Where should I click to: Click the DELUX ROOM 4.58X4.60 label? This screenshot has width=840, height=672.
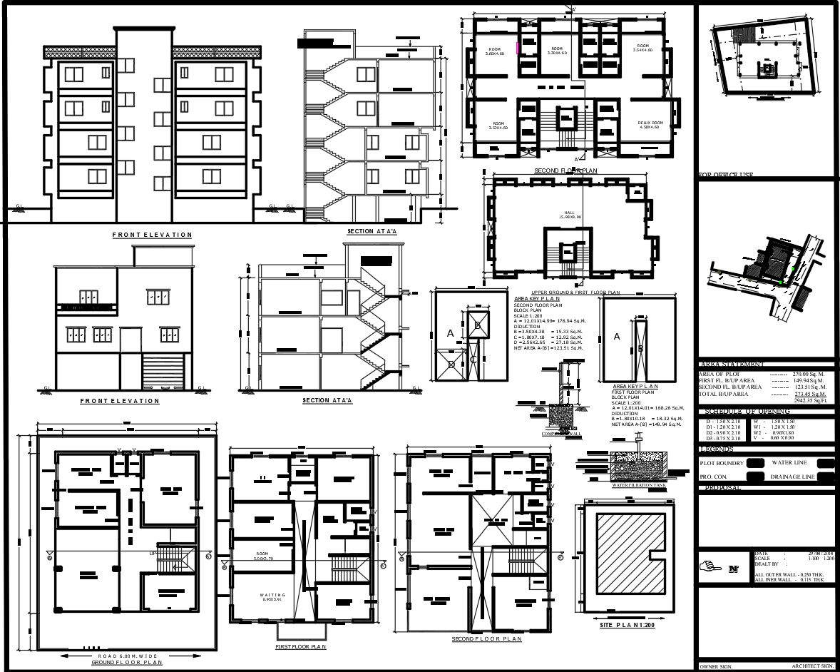pyautogui.click(x=655, y=125)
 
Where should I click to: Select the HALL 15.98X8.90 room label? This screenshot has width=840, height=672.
pyautogui.click(x=570, y=215)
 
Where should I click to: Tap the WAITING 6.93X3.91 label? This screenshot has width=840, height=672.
pyautogui.click(x=272, y=596)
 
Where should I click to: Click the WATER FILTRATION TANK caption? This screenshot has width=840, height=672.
pyautogui.click(x=639, y=485)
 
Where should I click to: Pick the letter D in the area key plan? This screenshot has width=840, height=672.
pyautogui.click(x=451, y=363)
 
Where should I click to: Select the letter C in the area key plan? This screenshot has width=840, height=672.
pyautogui.click(x=472, y=359)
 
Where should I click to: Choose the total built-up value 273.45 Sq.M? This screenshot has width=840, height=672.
pyautogui.click(x=810, y=393)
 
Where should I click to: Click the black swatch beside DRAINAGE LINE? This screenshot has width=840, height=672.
pyautogui.click(x=826, y=476)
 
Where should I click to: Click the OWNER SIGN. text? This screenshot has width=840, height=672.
pyautogui.click(x=715, y=666)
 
